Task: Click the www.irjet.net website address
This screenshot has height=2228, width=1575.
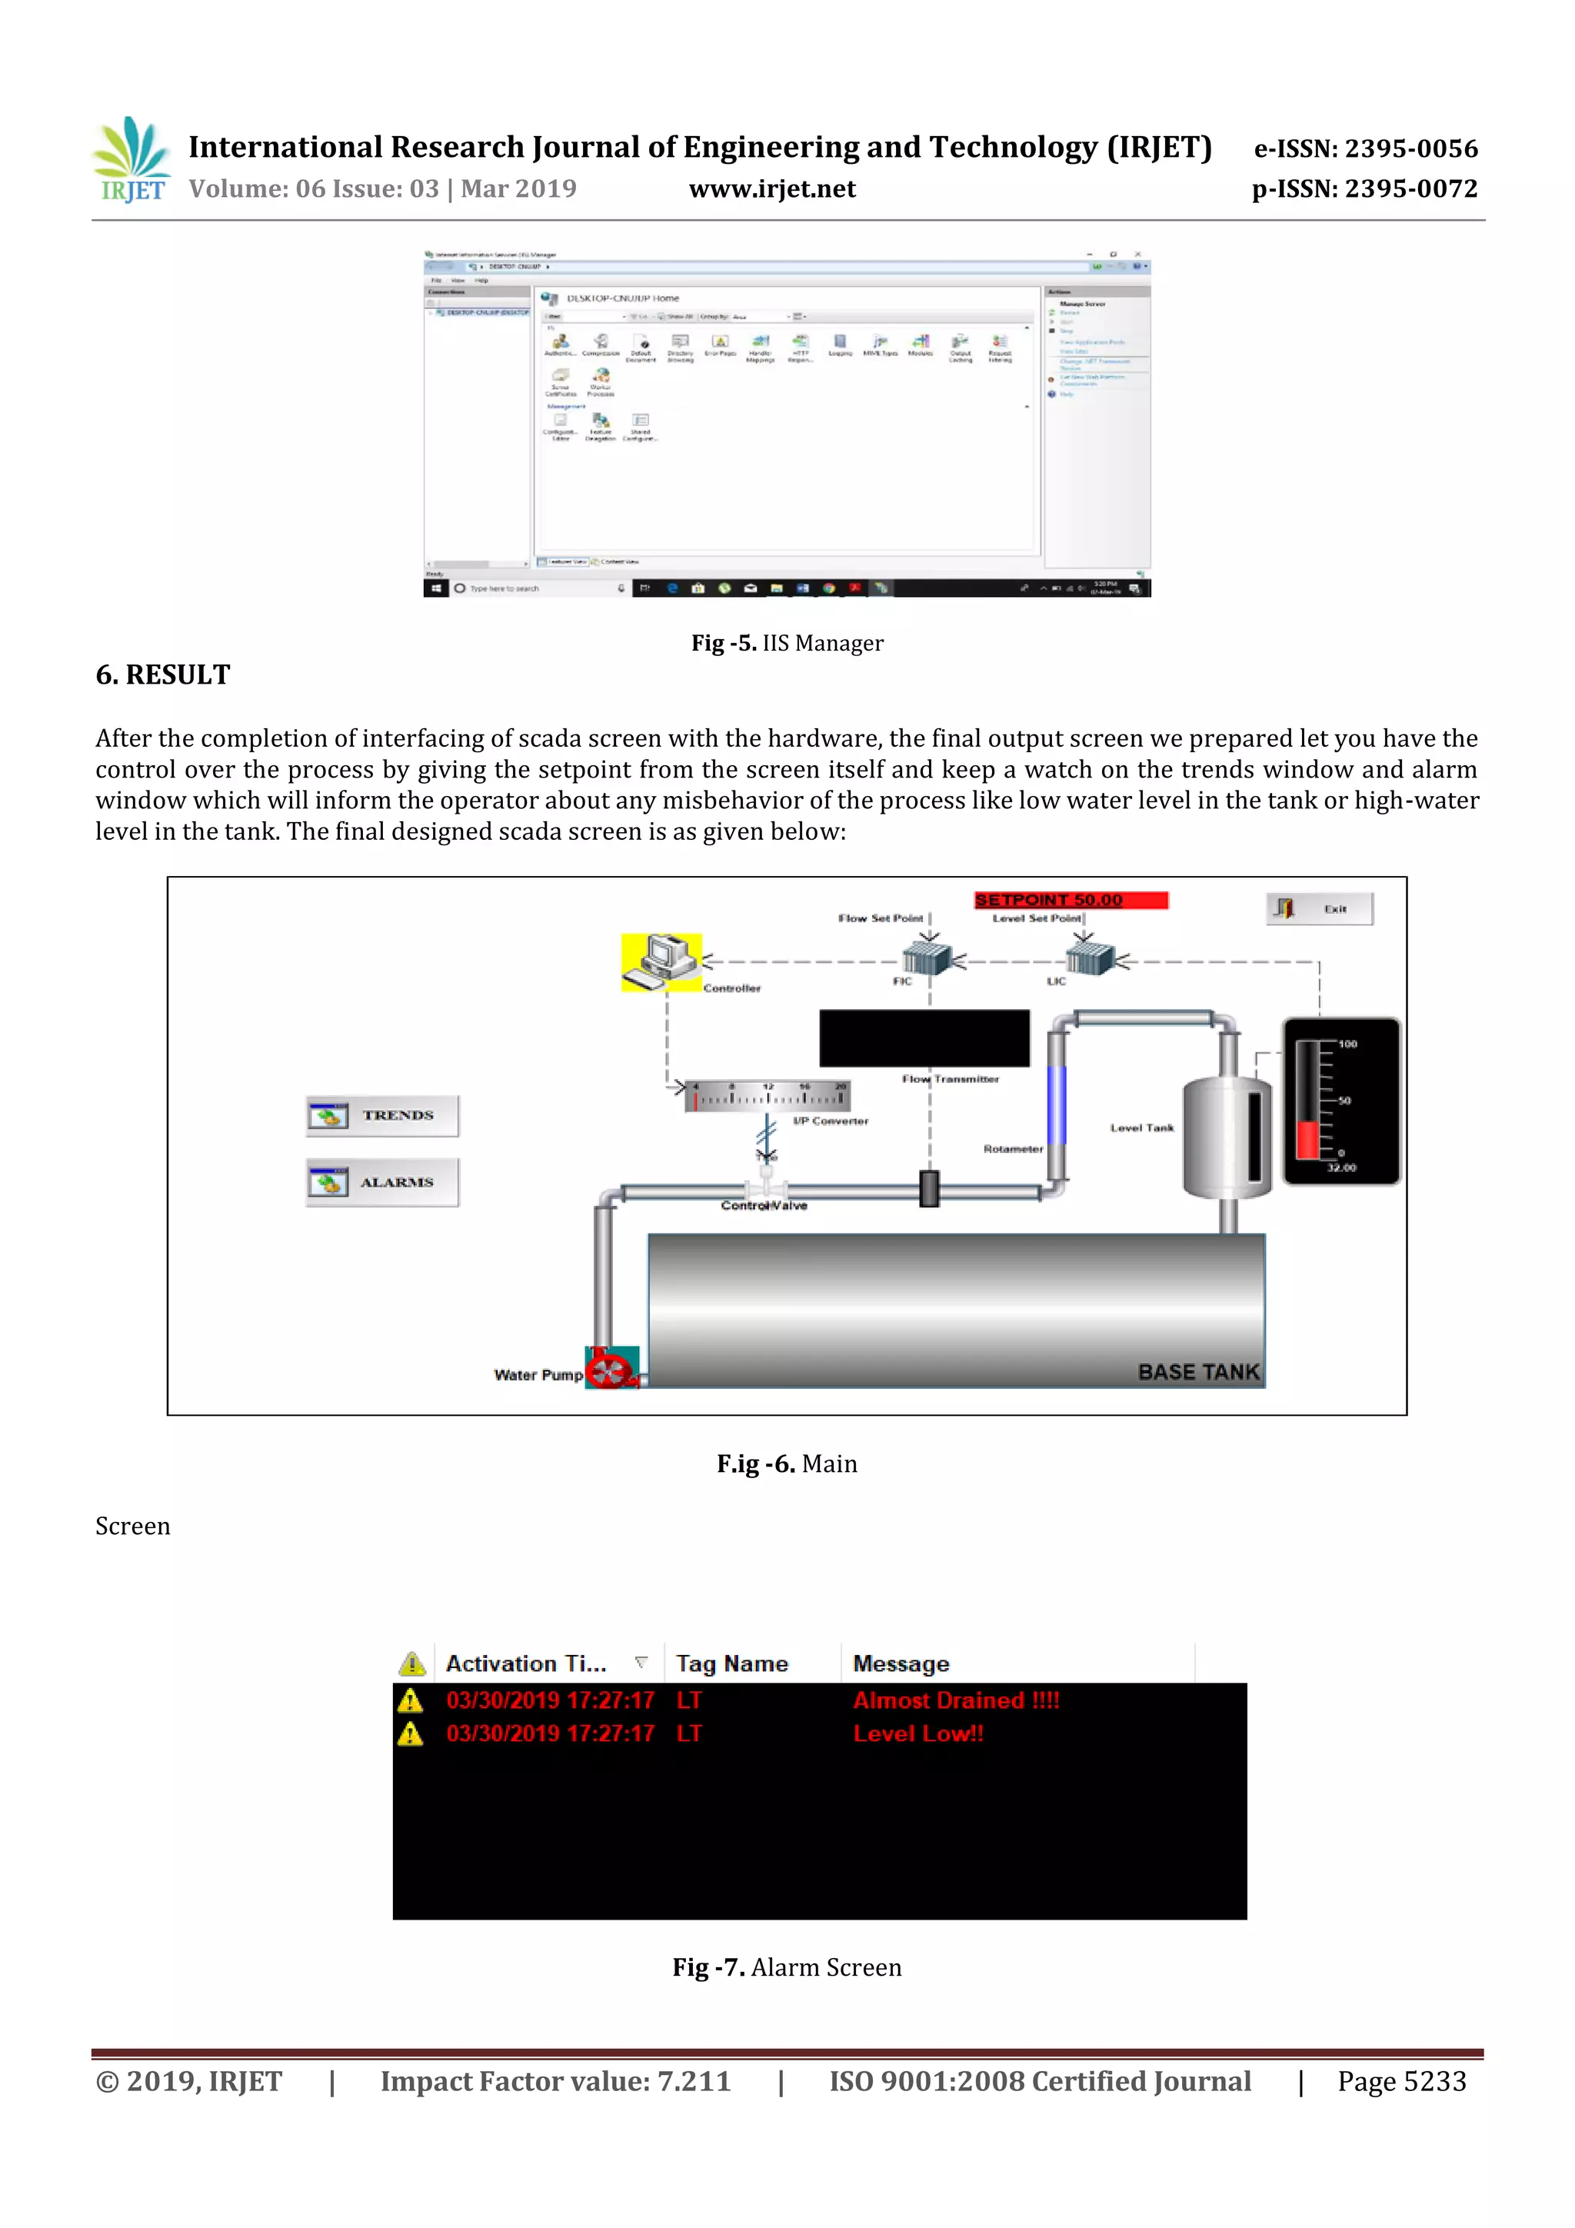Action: coord(771,189)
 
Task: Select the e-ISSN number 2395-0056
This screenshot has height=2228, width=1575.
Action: coord(1365,148)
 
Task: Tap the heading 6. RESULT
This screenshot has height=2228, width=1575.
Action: coord(163,674)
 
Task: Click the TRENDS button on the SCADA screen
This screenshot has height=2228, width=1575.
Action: coord(382,1116)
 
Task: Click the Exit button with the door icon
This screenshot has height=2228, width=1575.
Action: coord(1319,908)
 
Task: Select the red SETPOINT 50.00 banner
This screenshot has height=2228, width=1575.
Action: coord(1071,900)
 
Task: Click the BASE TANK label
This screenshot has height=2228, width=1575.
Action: coord(1198,1371)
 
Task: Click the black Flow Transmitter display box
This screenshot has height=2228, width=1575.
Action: coord(924,1038)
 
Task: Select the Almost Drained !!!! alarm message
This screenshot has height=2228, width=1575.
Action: coord(956,1700)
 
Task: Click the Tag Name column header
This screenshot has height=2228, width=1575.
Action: coord(731,1664)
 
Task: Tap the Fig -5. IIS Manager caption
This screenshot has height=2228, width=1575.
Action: coord(787,644)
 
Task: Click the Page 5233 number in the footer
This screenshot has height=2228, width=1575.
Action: coord(1401,2080)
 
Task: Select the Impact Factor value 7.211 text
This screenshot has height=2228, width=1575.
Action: coord(555,2080)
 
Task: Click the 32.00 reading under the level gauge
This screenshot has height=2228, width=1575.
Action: coord(1341,1167)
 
